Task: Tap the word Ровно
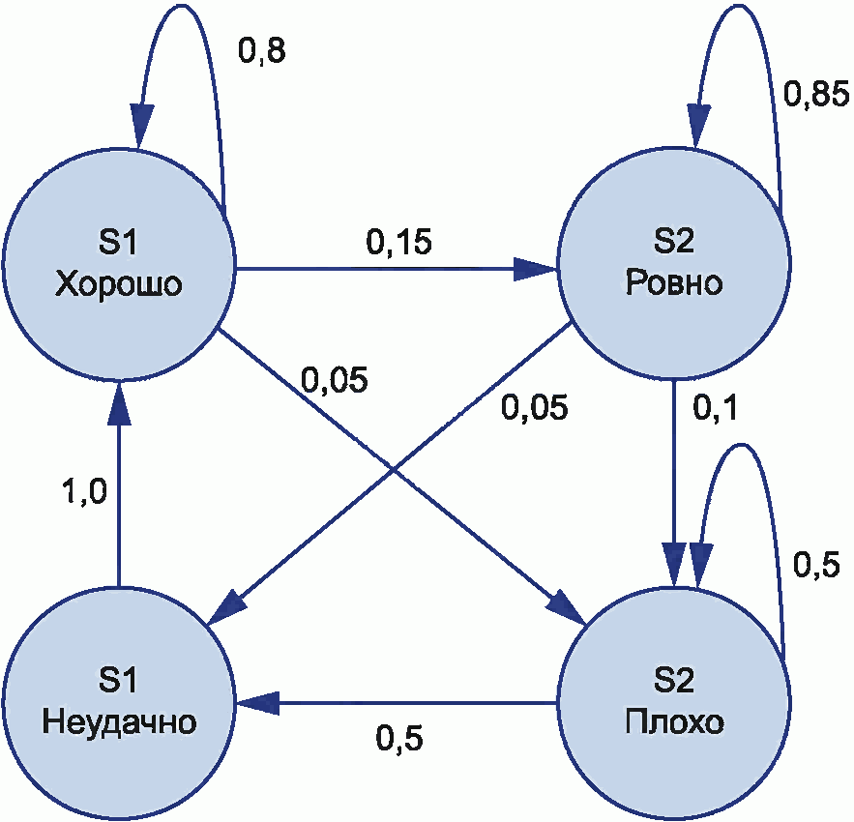674,284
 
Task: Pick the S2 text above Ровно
674,245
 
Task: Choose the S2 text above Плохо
674,681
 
